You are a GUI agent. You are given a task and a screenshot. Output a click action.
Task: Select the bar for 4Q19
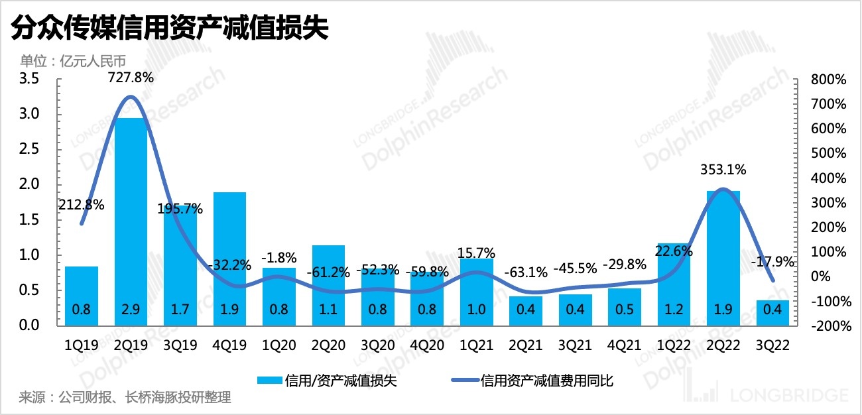(229, 259)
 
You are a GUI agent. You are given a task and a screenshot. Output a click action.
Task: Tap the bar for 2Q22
(723, 258)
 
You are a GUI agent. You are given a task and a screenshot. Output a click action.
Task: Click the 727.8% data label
(131, 78)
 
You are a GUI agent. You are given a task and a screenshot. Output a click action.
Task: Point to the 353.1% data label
(723, 170)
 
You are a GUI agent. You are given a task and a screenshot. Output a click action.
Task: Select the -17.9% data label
(772, 262)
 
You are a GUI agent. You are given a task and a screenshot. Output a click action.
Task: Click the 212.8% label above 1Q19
(82, 205)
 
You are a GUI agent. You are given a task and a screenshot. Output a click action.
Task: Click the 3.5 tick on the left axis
(31, 80)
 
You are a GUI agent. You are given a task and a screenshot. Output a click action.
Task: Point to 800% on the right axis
(828, 80)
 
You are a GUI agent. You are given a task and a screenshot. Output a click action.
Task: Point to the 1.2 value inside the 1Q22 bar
(674, 310)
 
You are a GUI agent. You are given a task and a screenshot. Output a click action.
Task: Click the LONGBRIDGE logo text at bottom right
(789, 396)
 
